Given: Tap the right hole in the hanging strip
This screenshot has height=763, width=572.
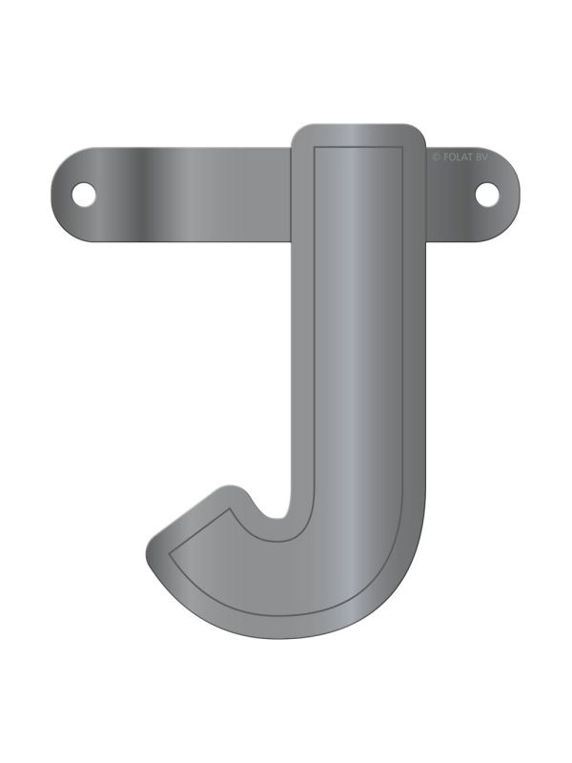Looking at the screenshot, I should [487, 193].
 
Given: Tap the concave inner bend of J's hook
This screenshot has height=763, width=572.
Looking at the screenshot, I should [272, 516].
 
